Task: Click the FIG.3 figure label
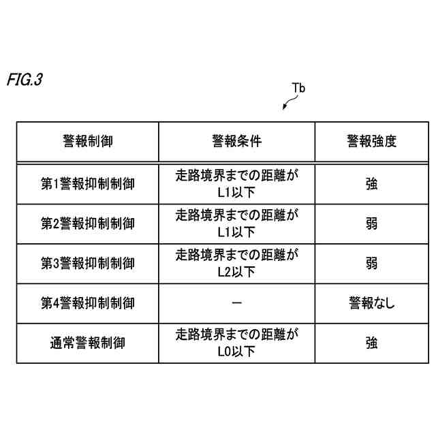[x=25, y=79]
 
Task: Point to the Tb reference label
[x=298, y=88]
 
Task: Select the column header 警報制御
[x=87, y=142]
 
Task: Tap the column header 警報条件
[x=236, y=142]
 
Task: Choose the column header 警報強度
[x=371, y=142]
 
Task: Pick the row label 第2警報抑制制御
[x=87, y=223]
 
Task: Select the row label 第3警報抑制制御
[x=87, y=263]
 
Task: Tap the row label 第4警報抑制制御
[x=87, y=303]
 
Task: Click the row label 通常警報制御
[x=87, y=343]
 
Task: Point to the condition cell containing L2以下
[x=236, y=263]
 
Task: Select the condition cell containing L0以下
[x=236, y=343]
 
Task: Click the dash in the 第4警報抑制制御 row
[x=236, y=303]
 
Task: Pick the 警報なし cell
[x=371, y=303]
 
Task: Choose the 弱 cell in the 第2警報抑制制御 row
[x=371, y=223]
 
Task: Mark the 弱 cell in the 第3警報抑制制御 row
[x=371, y=263]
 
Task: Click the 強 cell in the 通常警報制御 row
[x=371, y=343]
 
